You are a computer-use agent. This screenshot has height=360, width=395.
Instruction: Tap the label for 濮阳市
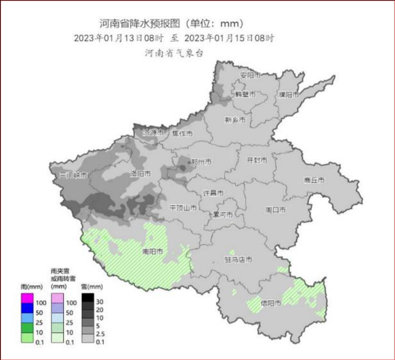[288, 94]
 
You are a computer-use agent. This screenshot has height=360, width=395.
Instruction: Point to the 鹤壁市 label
[245, 94]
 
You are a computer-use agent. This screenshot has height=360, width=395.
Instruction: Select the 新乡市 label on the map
[235, 120]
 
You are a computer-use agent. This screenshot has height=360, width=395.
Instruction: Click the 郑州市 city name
[200, 161]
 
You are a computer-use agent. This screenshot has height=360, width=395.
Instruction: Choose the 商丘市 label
[314, 180]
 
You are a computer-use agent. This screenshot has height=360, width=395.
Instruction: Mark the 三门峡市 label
[73, 175]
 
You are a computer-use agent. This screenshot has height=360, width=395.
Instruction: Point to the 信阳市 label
[270, 303]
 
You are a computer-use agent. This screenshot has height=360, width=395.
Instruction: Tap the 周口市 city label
[275, 210]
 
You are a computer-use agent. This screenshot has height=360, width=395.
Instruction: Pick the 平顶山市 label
[183, 208]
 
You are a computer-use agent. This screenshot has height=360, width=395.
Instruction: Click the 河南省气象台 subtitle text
[174, 52]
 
